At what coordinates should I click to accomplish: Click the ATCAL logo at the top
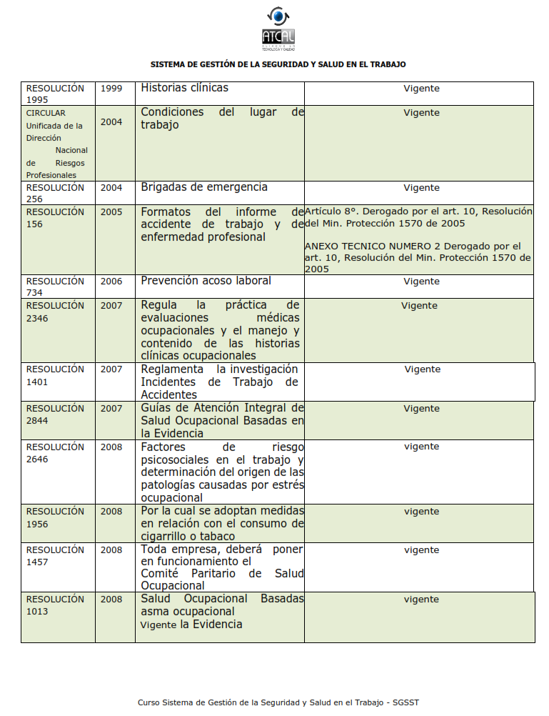[278, 29]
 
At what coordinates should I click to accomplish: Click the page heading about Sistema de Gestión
[278, 64]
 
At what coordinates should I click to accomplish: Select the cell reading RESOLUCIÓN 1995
[55, 94]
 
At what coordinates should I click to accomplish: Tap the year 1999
[111, 89]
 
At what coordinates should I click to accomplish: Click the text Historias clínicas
[184, 88]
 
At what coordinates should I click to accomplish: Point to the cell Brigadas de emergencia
[204, 187]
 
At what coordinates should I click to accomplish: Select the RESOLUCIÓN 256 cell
[55, 193]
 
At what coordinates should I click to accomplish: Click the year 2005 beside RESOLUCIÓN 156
[111, 212]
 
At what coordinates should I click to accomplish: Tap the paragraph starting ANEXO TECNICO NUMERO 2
[418, 257]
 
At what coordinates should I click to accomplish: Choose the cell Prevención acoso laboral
[206, 281]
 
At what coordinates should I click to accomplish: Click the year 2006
[111, 282]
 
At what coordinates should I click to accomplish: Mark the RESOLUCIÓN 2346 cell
[55, 312]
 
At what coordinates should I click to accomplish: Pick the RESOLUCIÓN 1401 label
[55, 375]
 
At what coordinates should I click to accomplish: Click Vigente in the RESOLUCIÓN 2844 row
[421, 409]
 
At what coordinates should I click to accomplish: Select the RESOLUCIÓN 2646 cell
[55, 453]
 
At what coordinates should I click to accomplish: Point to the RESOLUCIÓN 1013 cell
[55, 605]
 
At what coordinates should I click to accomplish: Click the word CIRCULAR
[46, 113]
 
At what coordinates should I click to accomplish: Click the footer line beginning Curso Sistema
[278, 702]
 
